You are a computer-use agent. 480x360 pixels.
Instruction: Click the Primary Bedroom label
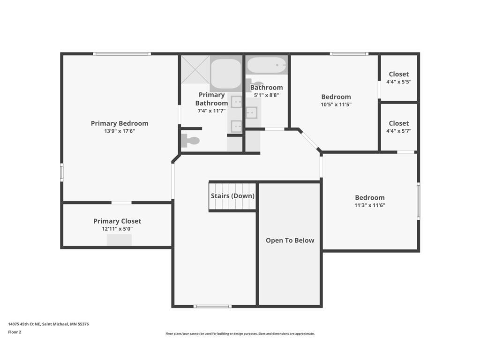120,123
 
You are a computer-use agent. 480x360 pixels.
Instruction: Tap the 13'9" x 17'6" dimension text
120,131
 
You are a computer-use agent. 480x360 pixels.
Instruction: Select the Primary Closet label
117,221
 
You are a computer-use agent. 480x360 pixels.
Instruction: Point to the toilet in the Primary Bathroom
190,141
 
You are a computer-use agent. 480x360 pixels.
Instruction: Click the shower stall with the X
195,69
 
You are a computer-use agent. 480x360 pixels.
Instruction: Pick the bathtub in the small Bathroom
266,65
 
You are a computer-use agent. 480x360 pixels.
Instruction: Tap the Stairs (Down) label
232,196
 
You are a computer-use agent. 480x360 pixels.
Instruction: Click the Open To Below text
290,240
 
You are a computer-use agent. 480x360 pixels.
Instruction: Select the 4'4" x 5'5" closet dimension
398,82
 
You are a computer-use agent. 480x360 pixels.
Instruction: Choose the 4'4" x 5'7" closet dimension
398,131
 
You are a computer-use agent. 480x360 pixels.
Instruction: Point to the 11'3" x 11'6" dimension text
370,205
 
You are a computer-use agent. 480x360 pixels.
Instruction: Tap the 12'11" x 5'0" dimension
117,229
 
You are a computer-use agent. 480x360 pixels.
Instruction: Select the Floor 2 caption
15,332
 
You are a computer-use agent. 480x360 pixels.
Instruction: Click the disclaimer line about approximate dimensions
240,334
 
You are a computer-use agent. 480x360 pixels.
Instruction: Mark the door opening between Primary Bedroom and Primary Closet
121,202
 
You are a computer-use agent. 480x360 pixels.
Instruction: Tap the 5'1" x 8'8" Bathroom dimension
266,95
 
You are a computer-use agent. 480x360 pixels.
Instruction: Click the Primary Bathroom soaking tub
226,74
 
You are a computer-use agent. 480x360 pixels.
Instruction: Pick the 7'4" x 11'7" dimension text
211,111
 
